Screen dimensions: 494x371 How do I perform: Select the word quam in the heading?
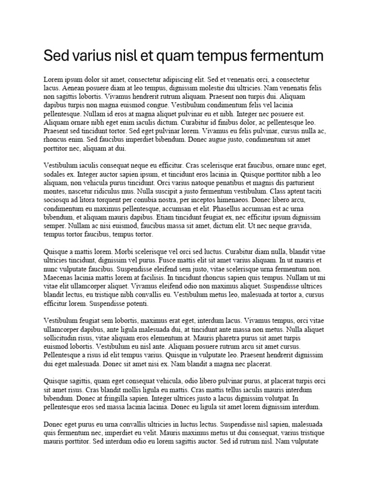pos(175,56)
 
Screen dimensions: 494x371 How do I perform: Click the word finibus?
pos(233,122)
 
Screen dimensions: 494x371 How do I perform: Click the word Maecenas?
pos(58,277)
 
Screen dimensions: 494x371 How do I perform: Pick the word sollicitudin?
pos(65,338)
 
